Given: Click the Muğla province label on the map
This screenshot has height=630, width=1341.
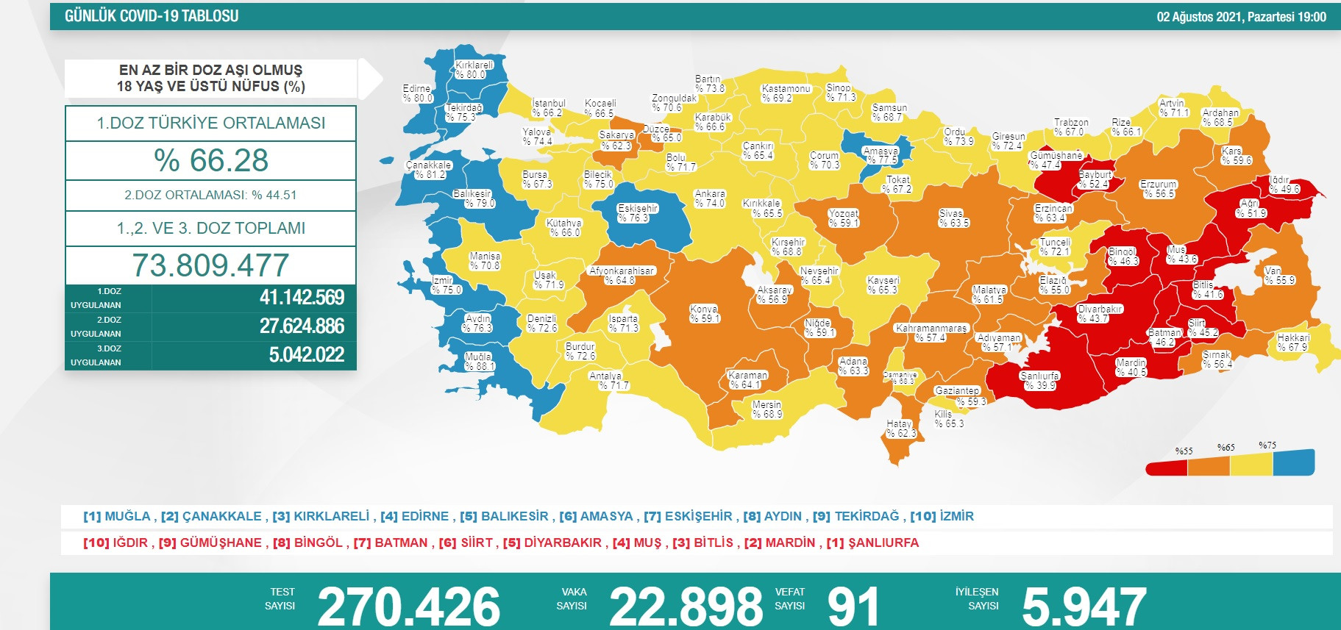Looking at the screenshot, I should [x=479, y=361].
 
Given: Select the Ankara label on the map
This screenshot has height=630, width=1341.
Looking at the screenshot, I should [x=710, y=198].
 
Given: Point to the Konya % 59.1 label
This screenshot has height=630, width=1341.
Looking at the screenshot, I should [x=705, y=314].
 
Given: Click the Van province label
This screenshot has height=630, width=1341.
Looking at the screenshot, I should [x=1279, y=276].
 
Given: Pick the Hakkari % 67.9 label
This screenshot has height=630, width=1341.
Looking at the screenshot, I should [x=1292, y=343].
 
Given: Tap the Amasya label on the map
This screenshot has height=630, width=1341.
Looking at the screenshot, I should [x=881, y=155].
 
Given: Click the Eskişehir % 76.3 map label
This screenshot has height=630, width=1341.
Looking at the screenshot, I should [x=638, y=213].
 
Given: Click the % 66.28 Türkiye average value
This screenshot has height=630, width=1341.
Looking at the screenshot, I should [x=211, y=160].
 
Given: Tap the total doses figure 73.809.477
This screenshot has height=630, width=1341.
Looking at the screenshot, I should [x=211, y=265].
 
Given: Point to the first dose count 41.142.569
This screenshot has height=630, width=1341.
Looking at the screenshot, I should [x=302, y=298].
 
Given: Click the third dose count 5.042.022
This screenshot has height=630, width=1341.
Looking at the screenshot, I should [x=306, y=355].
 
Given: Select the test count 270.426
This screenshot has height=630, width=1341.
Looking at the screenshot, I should [x=408, y=606].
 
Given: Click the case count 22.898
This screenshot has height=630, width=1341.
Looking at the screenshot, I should [x=686, y=606].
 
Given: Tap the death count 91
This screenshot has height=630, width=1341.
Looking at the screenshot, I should [x=853, y=606].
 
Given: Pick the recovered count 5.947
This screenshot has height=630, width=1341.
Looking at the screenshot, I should [x=1084, y=606].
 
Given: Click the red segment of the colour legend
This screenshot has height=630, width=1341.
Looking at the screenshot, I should [x=1167, y=467].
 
